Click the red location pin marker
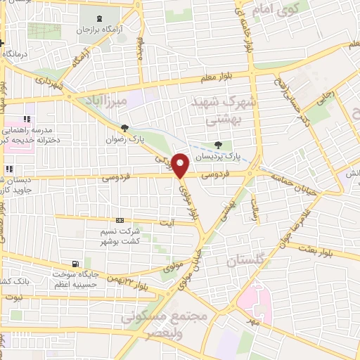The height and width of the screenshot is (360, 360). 180,165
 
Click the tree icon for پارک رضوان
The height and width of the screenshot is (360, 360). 125,127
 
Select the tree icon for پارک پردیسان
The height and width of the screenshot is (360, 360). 219,145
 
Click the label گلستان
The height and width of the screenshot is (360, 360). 247,262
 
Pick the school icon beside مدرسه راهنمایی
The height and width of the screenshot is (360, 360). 27,120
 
